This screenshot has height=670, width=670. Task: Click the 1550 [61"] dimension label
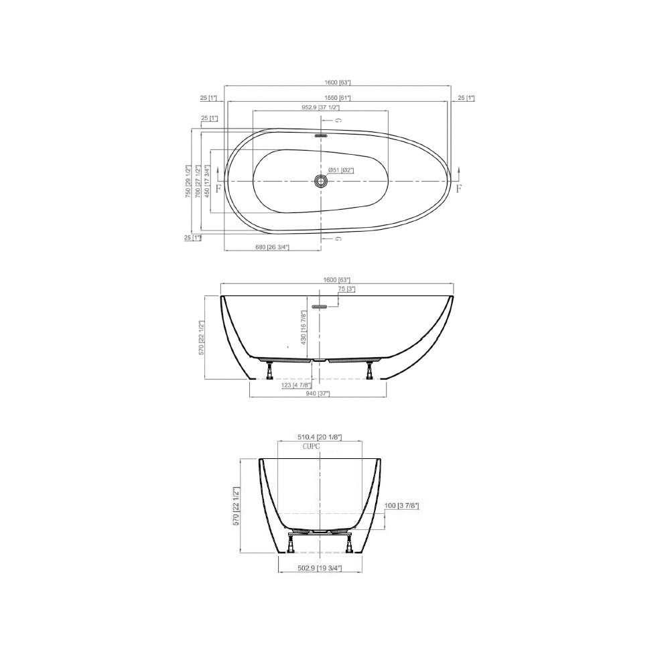tap(339, 98)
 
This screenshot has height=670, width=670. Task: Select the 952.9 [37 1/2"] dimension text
tap(320, 107)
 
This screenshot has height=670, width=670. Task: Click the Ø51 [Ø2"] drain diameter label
tap(341, 170)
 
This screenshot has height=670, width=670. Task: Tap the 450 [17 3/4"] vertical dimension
tap(207, 181)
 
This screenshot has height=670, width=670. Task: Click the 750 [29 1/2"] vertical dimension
tap(189, 181)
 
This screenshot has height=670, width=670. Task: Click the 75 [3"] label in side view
tap(346, 289)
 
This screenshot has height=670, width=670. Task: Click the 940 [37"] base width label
tap(318, 394)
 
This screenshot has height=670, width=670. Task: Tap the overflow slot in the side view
tap(319, 306)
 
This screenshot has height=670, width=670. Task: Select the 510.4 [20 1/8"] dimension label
tap(320, 437)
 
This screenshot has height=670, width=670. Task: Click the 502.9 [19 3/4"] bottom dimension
tap(319, 567)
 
